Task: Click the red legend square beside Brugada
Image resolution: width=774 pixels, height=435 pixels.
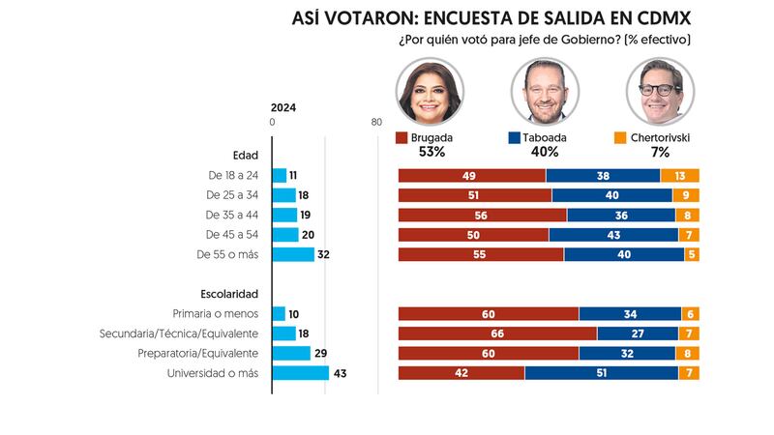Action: pos(402,138)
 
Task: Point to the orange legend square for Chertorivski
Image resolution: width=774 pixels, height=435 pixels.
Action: pos(620,138)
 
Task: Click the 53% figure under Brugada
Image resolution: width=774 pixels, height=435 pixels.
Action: pos(432,153)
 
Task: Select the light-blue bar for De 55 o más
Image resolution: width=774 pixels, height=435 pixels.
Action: pos(294,254)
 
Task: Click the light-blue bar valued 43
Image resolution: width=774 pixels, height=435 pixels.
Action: pos(301,373)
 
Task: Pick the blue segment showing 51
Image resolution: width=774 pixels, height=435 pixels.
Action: pos(601,373)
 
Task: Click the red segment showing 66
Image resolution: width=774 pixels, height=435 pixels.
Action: pos(497,333)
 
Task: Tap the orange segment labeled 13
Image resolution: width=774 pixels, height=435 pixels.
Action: pos(680,175)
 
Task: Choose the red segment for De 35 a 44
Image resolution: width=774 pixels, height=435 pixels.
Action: pos(483,215)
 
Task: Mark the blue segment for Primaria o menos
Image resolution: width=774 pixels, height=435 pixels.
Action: pos(629,313)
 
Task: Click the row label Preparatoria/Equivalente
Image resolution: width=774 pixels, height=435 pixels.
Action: pos(199,354)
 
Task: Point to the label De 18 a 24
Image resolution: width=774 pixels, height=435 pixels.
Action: pos(232,176)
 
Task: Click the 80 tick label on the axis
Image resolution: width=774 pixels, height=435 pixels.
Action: pos(376,123)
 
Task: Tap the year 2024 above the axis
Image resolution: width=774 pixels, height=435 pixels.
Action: pos(283,108)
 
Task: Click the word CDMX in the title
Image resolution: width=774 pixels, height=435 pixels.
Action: pos(657,19)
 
